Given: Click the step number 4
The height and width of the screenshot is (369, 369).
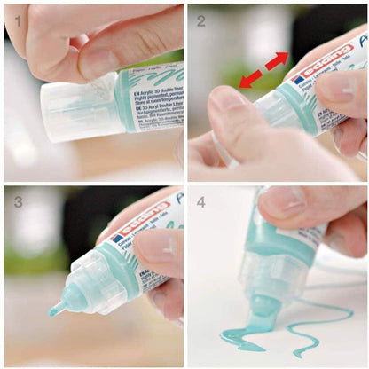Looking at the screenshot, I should (200, 201).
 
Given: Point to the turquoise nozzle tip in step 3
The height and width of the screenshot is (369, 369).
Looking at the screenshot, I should (56, 309).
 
